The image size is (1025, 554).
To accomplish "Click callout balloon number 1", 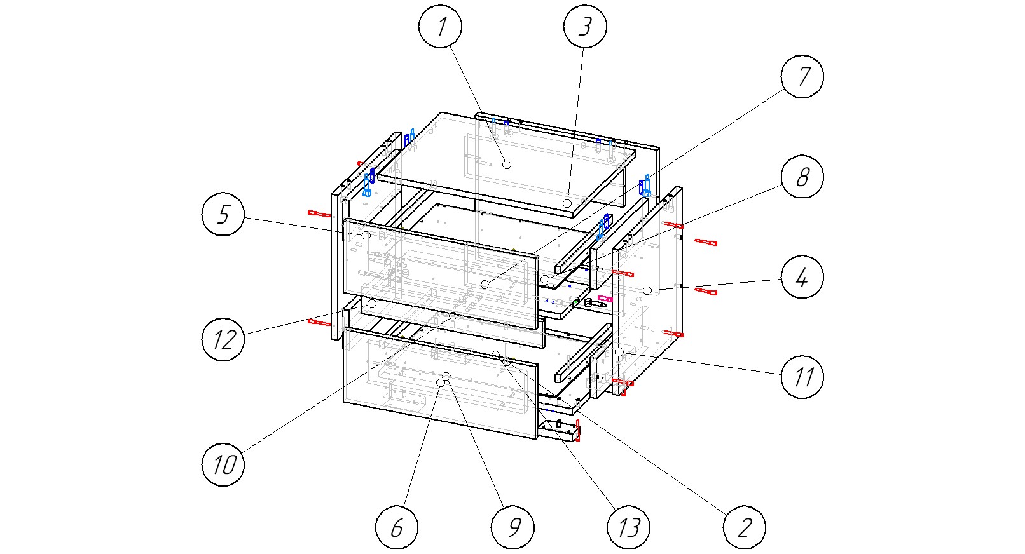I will [440, 27].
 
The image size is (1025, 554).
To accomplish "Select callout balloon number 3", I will [585, 27].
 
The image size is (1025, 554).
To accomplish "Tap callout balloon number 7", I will [802, 76].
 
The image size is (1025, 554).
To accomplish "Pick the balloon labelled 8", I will [802, 177].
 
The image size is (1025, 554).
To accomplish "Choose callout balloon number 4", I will [802, 277].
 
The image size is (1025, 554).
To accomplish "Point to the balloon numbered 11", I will [802, 377].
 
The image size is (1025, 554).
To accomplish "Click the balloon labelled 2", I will [744, 527].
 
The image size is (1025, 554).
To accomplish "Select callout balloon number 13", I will [628, 527].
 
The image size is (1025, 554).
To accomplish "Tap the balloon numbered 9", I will [512, 527].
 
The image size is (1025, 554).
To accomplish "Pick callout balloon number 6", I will [397, 527].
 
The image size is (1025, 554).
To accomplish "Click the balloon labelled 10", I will [223, 464].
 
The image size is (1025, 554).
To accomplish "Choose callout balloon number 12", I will [223, 339].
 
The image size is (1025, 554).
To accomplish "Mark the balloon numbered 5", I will [223, 214].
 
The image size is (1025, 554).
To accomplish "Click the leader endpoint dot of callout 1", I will [507, 165].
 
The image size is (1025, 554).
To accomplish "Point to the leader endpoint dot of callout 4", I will [647, 290].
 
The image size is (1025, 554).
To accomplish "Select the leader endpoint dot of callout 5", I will [366, 236].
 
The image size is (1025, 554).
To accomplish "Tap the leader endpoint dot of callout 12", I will [372, 304].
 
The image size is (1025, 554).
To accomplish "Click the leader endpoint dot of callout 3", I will [567, 203].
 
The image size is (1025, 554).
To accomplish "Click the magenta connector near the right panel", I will [605, 298].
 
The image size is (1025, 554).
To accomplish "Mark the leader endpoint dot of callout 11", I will [619, 351].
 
